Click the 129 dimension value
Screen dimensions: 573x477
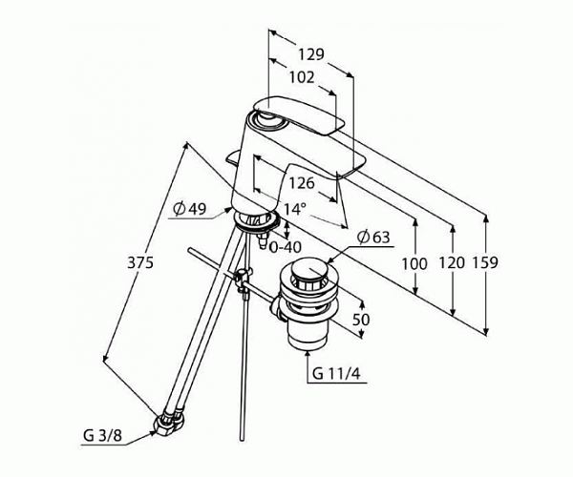pyautogui.click(x=311, y=54)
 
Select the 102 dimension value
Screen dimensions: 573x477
pyautogui.click(x=302, y=77)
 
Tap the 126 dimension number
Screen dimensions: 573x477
pyautogui.click(x=302, y=183)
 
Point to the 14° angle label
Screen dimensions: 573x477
pyautogui.click(x=294, y=209)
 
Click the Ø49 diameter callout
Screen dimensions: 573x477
pyautogui.click(x=190, y=209)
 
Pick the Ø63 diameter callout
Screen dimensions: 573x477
pyautogui.click(x=373, y=238)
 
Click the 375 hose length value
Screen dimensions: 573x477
pyautogui.click(x=140, y=262)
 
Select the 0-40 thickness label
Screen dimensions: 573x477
pyautogui.click(x=286, y=247)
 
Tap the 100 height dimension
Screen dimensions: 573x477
pyautogui.click(x=414, y=263)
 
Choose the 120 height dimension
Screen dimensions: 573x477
pyautogui.click(x=452, y=262)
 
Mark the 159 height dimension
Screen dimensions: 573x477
pyautogui.click(x=485, y=262)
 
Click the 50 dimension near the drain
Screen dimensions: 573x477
pyautogui.click(x=361, y=320)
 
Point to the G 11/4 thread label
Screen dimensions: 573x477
pyautogui.click(x=336, y=374)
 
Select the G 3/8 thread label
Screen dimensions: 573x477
pyautogui.click(x=102, y=435)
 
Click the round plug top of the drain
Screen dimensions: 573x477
pyautogui.click(x=309, y=269)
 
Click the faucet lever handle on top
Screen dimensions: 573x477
pyautogui.click(x=299, y=115)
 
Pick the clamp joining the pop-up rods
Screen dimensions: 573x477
pyautogui.click(x=243, y=280)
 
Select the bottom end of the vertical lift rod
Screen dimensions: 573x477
pyautogui.click(x=242, y=440)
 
